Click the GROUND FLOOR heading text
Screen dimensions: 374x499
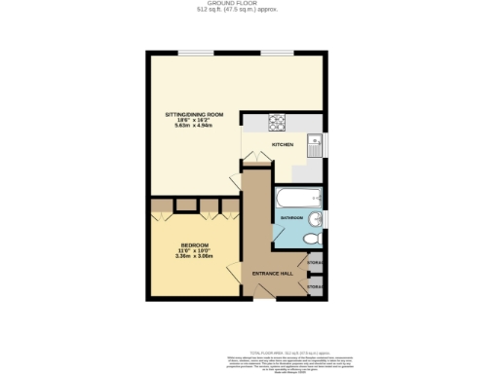[249, 4]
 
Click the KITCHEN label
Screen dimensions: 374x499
[283, 144]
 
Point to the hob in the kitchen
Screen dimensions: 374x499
[276, 122]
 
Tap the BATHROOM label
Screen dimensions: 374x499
[292, 218]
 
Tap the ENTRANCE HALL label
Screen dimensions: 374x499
[273, 274]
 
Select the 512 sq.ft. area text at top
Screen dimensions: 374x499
[249, 12]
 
